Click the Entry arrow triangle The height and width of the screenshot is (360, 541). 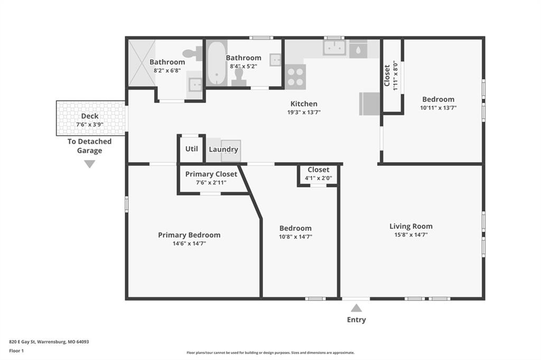[x=357, y=308]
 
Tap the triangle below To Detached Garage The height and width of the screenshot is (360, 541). [x=90, y=164]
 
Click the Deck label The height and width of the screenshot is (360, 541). [x=90, y=116]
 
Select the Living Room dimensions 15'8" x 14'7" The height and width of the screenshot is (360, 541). [x=411, y=235]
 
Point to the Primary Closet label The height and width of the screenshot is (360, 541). [x=211, y=174]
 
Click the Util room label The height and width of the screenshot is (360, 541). [x=191, y=149]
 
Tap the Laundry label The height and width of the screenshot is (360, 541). [x=223, y=149]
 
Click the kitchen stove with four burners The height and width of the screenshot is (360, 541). [x=295, y=77]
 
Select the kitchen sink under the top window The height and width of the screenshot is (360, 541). [x=334, y=48]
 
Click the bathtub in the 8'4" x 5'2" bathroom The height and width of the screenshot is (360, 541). [x=217, y=63]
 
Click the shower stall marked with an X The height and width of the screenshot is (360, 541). [x=142, y=63]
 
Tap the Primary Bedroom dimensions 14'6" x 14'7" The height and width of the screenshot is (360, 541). [x=190, y=243]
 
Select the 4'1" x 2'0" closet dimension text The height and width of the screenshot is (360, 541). [x=319, y=178]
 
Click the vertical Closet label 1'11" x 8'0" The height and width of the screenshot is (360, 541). [x=390, y=76]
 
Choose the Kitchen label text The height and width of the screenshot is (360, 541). [x=304, y=104]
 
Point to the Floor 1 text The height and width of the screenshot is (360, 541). [x=16, y=351]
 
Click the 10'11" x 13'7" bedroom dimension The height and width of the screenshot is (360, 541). [x=438, y=108]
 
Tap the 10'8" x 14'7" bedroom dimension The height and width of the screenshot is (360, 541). [x=296, y=236]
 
